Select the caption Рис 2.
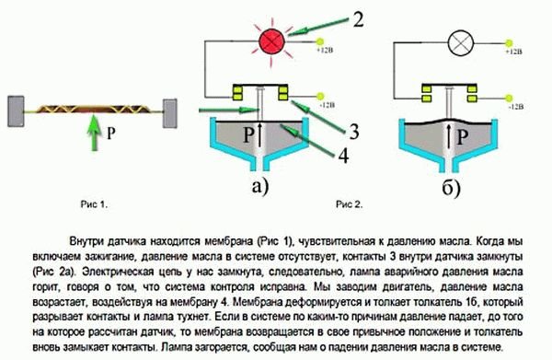tap(351, 200)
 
